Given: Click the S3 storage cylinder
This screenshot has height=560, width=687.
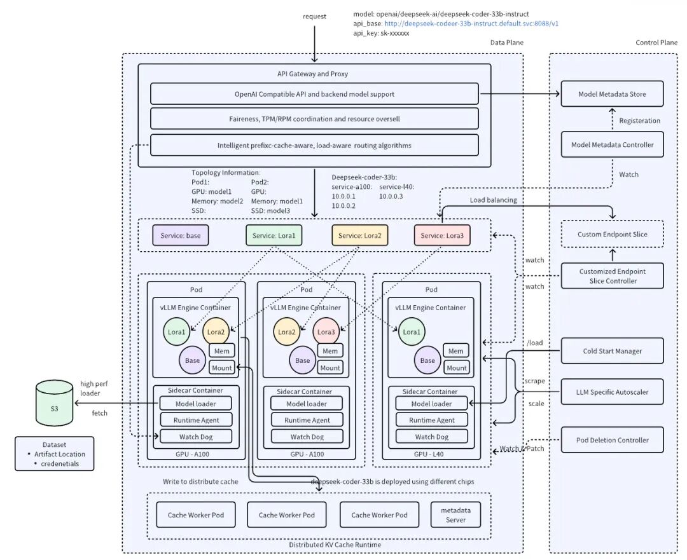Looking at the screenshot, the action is (x=54, y=403).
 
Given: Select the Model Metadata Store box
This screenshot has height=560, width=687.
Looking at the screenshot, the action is (x=612, y=93).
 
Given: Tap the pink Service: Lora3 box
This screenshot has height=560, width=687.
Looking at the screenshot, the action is (x=442, y=235).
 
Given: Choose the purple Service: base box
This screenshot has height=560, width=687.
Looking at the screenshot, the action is (x=181, y=235).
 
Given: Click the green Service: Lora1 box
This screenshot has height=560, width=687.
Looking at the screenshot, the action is (x=274, y=235).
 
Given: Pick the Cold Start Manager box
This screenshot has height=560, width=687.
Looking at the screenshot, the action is (x=612, y=351).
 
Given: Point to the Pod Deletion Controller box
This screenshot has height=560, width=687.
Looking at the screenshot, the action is (x=612, y=440).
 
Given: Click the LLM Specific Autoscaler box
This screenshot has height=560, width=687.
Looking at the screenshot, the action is (x=612, y=392).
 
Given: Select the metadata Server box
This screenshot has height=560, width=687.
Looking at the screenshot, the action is (x=455, y=515).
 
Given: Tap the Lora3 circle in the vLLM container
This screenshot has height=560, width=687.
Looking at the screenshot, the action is (x=326, y=331).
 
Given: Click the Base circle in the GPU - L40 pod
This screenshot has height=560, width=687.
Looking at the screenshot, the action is (x=427, y=360).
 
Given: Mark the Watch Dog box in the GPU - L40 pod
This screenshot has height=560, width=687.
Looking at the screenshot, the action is (x=431, y=437).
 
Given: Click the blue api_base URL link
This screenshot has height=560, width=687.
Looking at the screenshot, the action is (x=471, y=24).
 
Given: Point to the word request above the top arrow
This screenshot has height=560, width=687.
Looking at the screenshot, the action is (x=315, y=17).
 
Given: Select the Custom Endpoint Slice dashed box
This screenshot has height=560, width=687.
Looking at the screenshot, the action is (x=612, y=235).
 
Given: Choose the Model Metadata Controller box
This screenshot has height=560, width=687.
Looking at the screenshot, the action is (x=612, y=144).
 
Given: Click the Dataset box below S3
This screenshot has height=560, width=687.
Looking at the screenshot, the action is (x=54, y=454).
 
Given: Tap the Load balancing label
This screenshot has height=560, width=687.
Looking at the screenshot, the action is (x=494, y=200).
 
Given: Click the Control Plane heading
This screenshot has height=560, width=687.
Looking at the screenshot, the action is (x=656, y=43).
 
